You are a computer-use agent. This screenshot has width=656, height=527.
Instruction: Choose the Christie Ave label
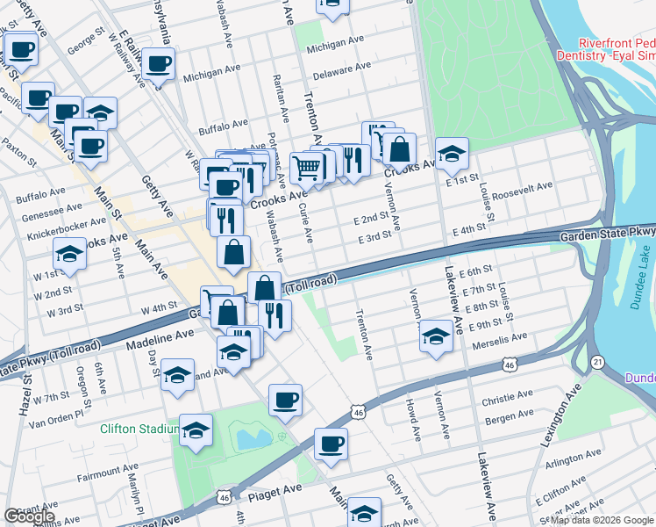click(x=508, y=400)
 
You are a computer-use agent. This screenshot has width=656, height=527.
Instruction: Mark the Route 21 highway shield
click(x=597, y=361)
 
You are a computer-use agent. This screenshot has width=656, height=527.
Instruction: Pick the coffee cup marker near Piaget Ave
click(x=331, y=444)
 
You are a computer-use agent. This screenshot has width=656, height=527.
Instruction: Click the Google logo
click(x=29, y=516)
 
